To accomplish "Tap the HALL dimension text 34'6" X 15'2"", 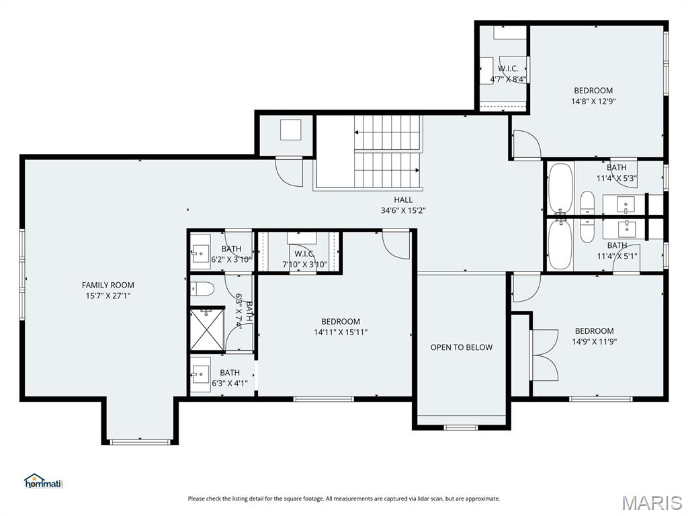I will pyautogui.click(x=403, y=210).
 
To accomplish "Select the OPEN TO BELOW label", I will pyautogui.click(x=462, y=347).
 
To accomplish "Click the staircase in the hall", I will pyautogui.click(x=388, y=151).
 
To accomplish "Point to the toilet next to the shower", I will pyautogui.click(x=202, y=290).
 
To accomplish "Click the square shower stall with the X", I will pyautogui.click(x=207, y=329).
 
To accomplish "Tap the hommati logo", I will pyautogui.click(x=43, y=481).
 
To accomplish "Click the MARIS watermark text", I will pyautogui.click(x=651, y=503).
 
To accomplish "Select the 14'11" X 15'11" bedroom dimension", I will pyautogui.click(x=341, y=332).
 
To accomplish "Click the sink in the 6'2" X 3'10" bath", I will pyautogui.click(x=200, y=253).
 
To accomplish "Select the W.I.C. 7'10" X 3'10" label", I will pyautogui.click(x=304, y=259).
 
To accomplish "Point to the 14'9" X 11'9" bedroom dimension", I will pyautogui.click(x=594, y=341).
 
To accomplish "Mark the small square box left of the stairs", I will pyautogui.click(x=291, y=130).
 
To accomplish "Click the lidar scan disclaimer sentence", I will pyautogui.click(x=344, y=499).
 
